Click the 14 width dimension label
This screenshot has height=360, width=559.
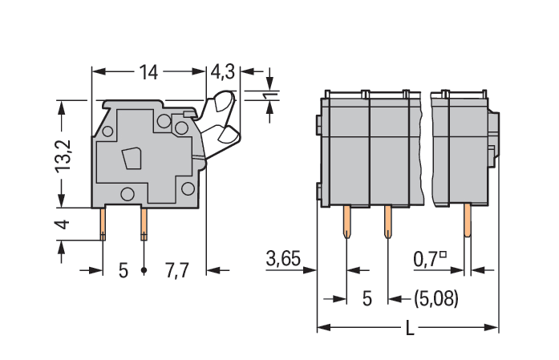[x=148, y=72]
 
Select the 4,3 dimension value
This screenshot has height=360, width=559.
[x=223, y=72]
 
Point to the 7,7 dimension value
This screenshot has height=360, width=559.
[x=176, y=270]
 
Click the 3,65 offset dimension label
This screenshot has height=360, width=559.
[x=283, y=259]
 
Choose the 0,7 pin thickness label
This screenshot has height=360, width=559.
[x=426, y=260]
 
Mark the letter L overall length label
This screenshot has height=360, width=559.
[x=410, y=328]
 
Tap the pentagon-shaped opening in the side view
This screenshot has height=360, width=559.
[x=132, y=158]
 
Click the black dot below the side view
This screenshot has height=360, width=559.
[x=144, y=270]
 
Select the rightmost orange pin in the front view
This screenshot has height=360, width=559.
[x=468, y=220]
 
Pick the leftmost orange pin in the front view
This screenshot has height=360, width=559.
[x=347, y=221]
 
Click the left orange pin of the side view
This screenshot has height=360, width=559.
[x=103, y=224]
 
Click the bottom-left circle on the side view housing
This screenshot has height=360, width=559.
[x=128, y=194]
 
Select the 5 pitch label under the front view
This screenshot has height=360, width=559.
[x=367, y=299]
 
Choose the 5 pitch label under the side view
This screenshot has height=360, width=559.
[x=123, y=270]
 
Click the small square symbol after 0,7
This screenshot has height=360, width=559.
[x=443, y=254]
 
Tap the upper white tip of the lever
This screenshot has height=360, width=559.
[x=224, y=100]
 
